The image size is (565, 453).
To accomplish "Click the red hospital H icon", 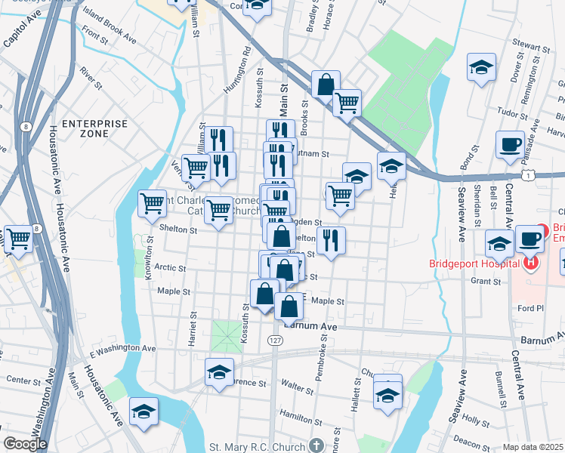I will tap(531, 263).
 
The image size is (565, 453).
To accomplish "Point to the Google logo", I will tap(24, 444).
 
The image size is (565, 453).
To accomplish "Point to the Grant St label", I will tap(486, 281).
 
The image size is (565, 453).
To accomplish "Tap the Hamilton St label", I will tap(295, 415).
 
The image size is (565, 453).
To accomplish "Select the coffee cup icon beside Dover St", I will tap(510, 143).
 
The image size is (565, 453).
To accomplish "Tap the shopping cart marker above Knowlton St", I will tap(153, 203).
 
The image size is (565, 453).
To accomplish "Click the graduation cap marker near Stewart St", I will tap(480, 67).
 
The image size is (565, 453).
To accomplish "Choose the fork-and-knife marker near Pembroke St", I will tap(331, 240).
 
